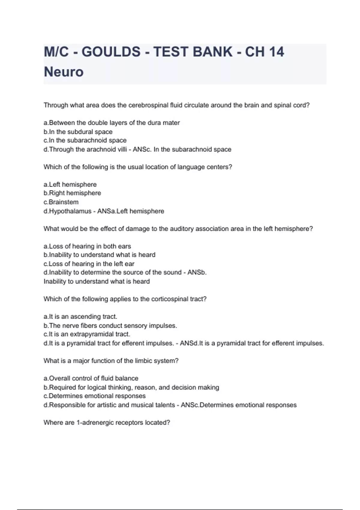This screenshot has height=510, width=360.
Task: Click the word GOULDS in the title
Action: tap(111, 52)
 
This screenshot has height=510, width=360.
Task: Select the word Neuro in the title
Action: tap(64, 72)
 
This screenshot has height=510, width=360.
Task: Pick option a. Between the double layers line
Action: tap(112, 123)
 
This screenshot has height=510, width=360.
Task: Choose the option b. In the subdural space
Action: tap(78, 132)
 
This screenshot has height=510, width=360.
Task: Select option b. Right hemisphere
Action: tap(72, 193)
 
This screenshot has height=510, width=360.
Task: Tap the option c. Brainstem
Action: tap(61, 202)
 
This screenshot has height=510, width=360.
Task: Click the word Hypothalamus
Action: tap(70, 211)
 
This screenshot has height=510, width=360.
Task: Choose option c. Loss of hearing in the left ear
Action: tap(89, 264)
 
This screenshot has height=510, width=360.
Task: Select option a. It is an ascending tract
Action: tap(80, 317)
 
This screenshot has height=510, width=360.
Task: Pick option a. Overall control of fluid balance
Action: tap(91, 379)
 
